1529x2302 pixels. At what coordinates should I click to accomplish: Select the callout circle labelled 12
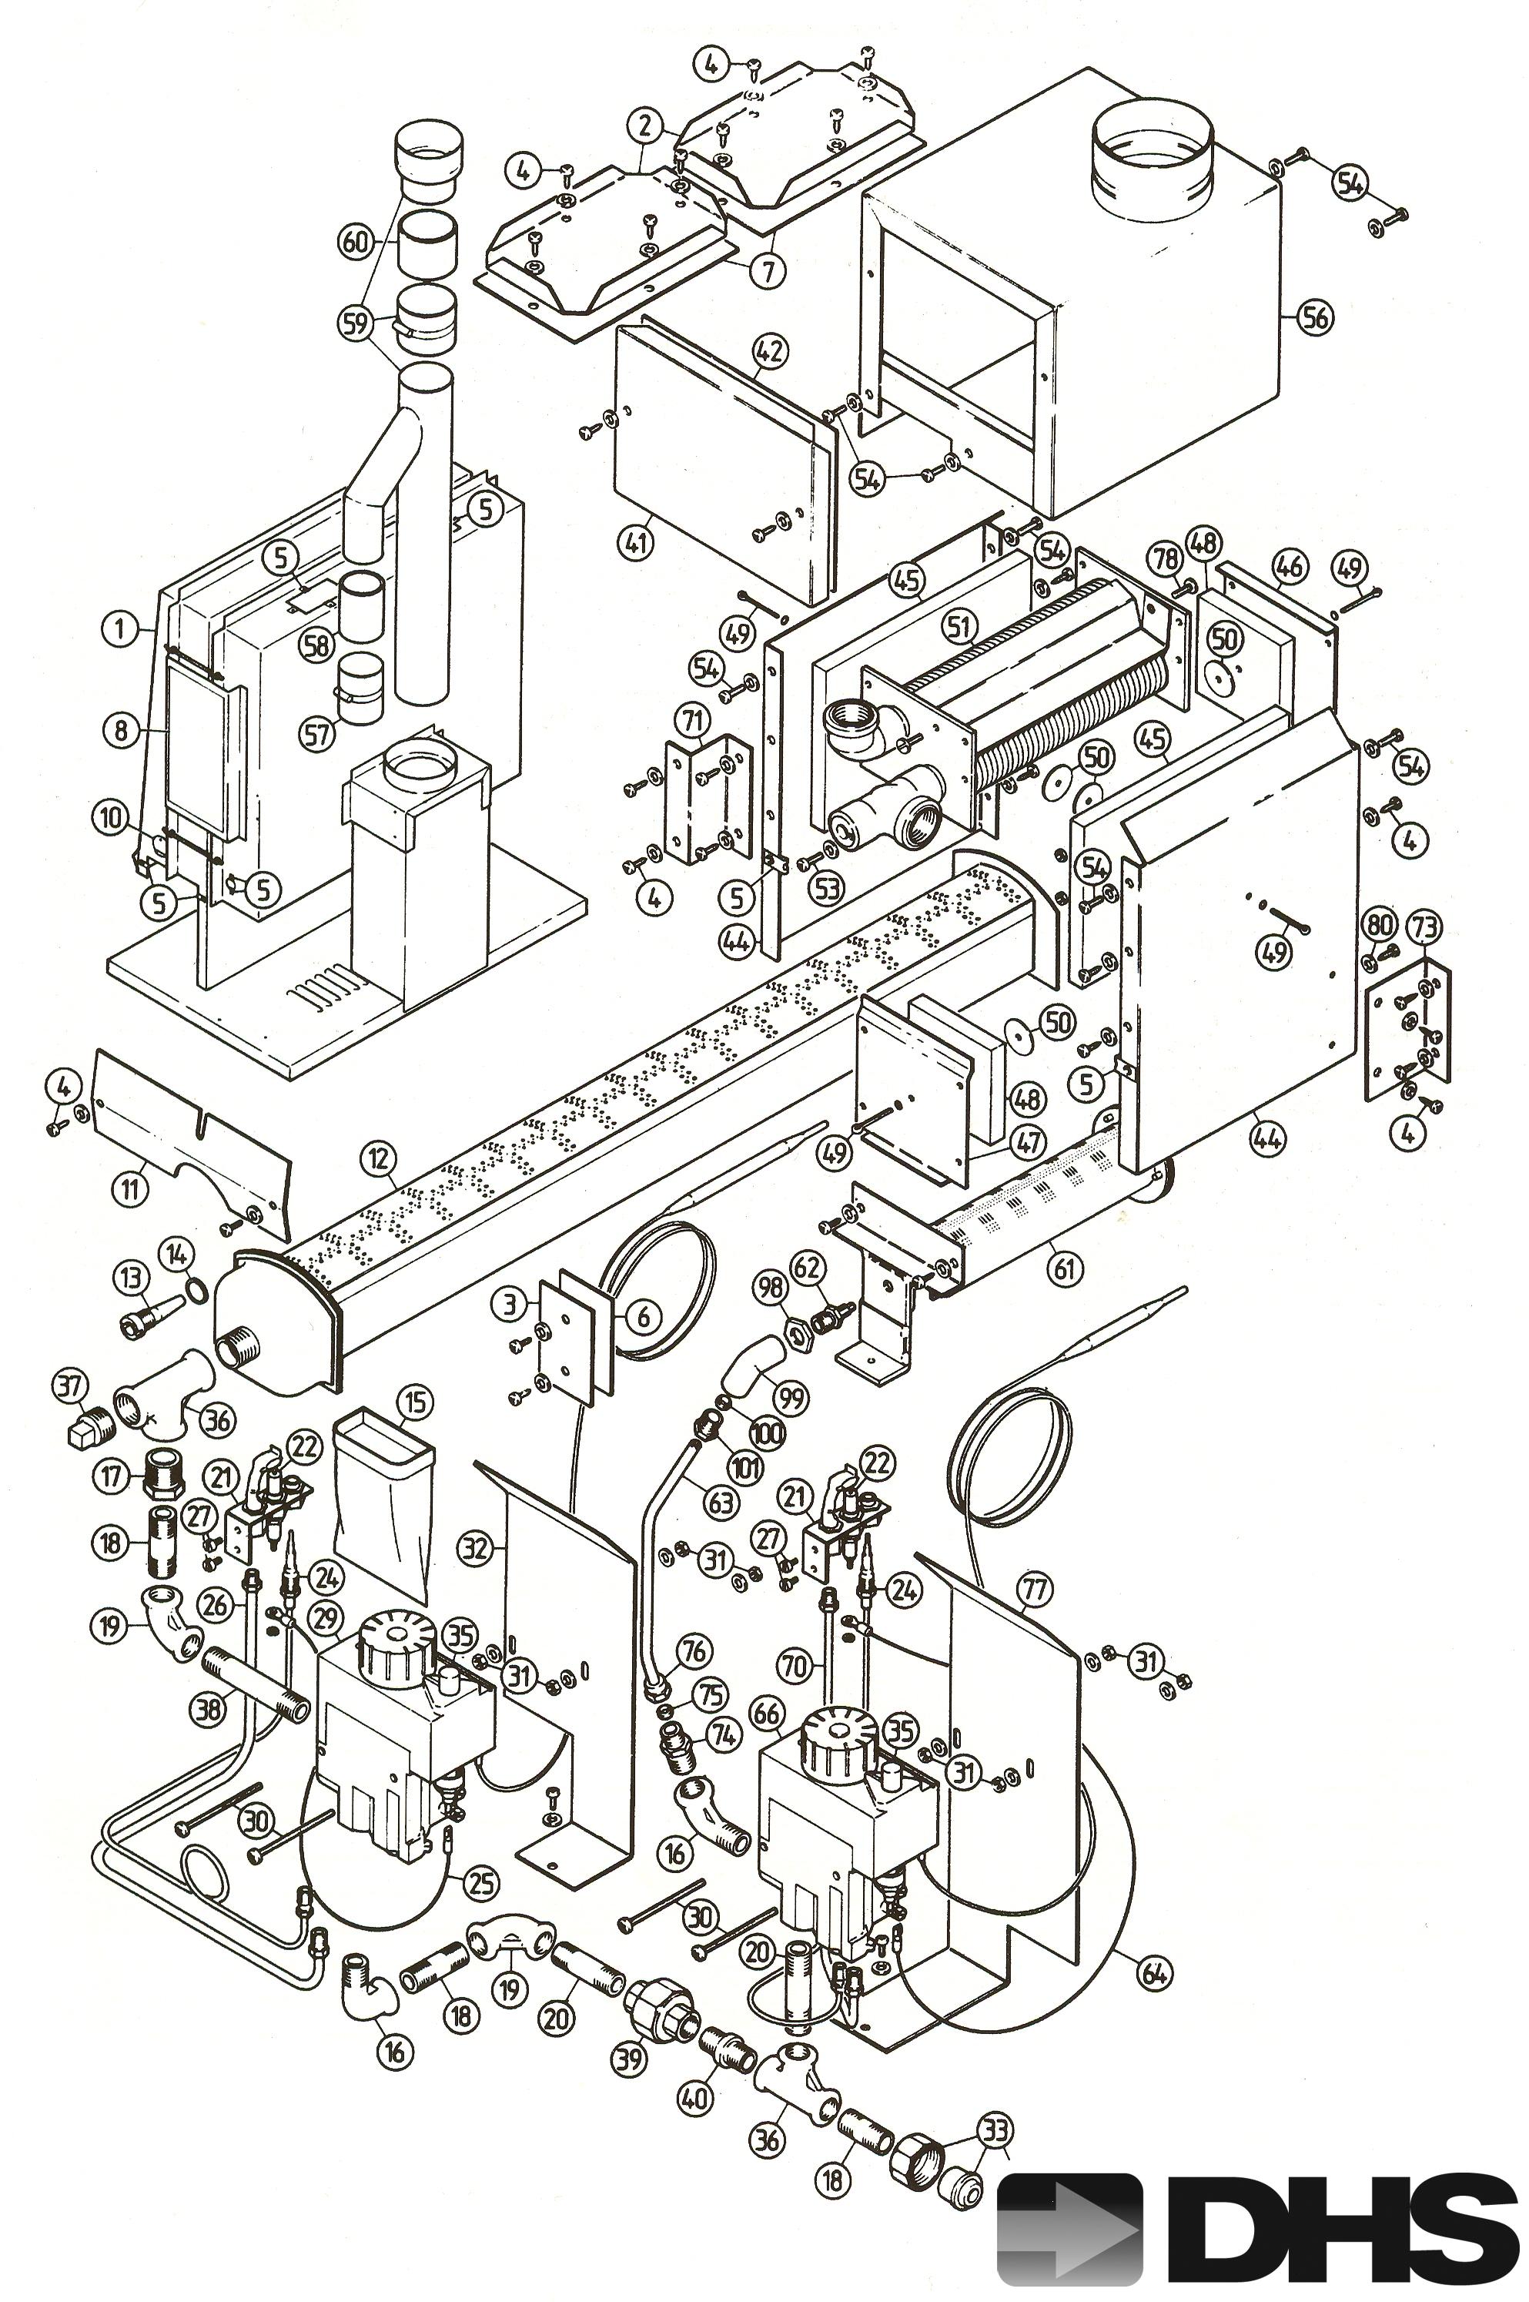(x=378, y=1159)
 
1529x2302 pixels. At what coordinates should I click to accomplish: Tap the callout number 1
(x=120, y=629)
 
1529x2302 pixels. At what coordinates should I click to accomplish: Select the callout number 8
(x=120, y=731)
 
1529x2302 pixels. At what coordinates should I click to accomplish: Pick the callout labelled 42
(x=769, y=351)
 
